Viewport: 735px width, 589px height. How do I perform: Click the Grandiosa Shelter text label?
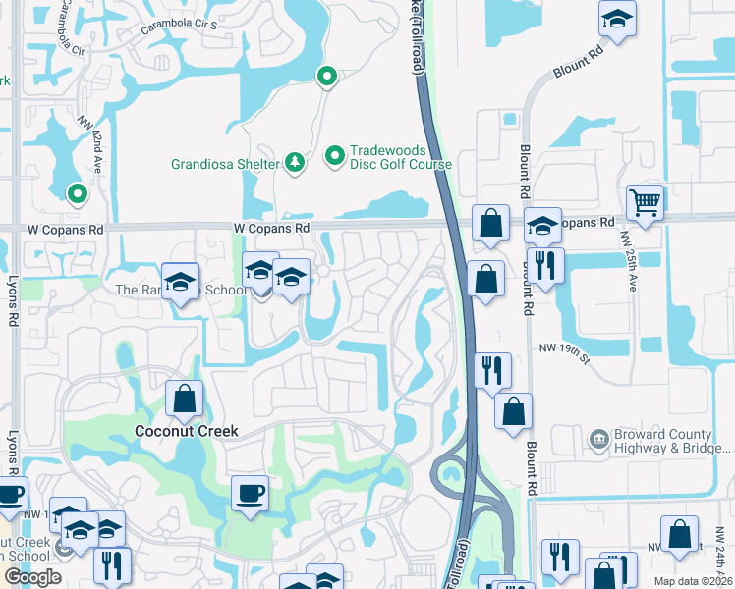point(223,164)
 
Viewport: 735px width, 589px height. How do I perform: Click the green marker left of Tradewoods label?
point(334,155)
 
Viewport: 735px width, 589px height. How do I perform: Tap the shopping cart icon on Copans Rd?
point(646,202)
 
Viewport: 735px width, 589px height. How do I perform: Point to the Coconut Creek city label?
point(187,432)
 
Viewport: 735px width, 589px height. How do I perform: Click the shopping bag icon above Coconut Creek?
point(184,399)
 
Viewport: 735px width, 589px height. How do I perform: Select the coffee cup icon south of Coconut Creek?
point(251,492)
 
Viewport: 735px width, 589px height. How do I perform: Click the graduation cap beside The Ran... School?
point(181,282)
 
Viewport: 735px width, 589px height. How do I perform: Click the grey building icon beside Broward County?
point(596,438)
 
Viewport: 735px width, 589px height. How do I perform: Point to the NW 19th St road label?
point(563,348)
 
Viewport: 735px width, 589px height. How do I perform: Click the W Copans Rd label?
point(272,228)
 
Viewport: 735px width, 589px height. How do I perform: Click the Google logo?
point(32,577)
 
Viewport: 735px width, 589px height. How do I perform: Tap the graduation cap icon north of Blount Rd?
point(616,20)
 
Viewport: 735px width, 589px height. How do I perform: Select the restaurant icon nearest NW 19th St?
point(492,369)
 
